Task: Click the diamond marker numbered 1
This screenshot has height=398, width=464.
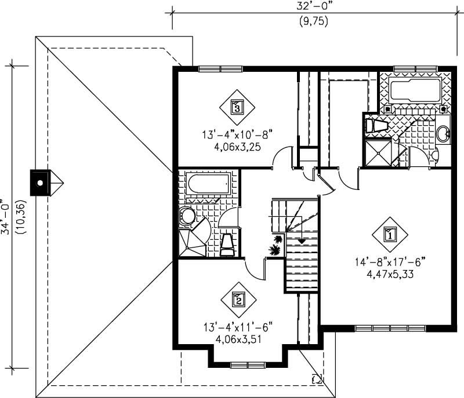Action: [x=389, y=234]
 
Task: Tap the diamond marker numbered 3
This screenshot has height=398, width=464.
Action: [x=236, y=107]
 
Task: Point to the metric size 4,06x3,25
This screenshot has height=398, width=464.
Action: [x=237, y=147]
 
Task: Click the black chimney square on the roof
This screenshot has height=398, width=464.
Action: [x=39, y=183]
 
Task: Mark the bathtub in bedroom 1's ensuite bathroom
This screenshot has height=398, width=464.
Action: [x=415, y=89]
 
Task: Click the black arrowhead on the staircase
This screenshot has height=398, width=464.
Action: [x=302, y=240]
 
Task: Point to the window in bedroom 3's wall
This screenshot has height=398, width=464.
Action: [x=220, y=69]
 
